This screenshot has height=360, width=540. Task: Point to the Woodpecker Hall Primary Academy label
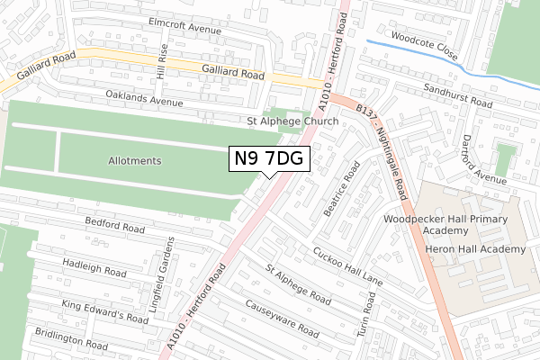[445, 224]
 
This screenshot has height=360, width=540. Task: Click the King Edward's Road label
[104, 311]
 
